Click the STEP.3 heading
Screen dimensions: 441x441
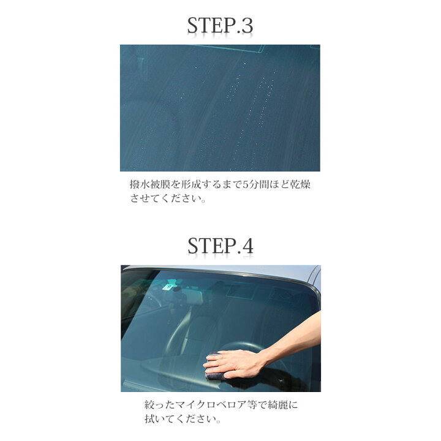point(220,26)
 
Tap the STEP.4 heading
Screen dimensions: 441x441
point(220,246)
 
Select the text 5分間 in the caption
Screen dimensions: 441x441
point(251,185)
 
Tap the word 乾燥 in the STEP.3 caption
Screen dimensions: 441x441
point(300,185)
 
